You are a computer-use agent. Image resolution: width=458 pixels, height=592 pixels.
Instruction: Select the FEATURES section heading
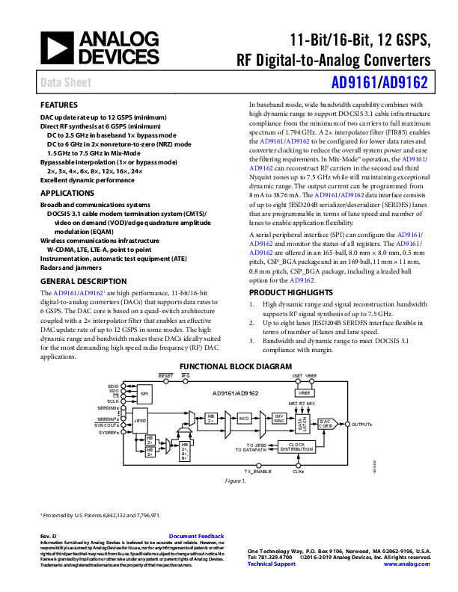point(58,105)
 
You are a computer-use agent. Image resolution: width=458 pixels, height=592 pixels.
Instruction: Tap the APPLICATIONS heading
point(66,192)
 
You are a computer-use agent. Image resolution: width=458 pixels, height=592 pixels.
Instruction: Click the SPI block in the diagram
point(144,393)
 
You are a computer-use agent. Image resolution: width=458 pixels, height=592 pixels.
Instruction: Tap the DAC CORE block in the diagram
point(325,422)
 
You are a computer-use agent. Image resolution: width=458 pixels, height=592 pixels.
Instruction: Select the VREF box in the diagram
point(303,392)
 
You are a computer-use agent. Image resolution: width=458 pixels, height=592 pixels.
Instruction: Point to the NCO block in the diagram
point(245,419)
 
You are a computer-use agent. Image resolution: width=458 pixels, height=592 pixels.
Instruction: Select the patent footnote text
point(101,515)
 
